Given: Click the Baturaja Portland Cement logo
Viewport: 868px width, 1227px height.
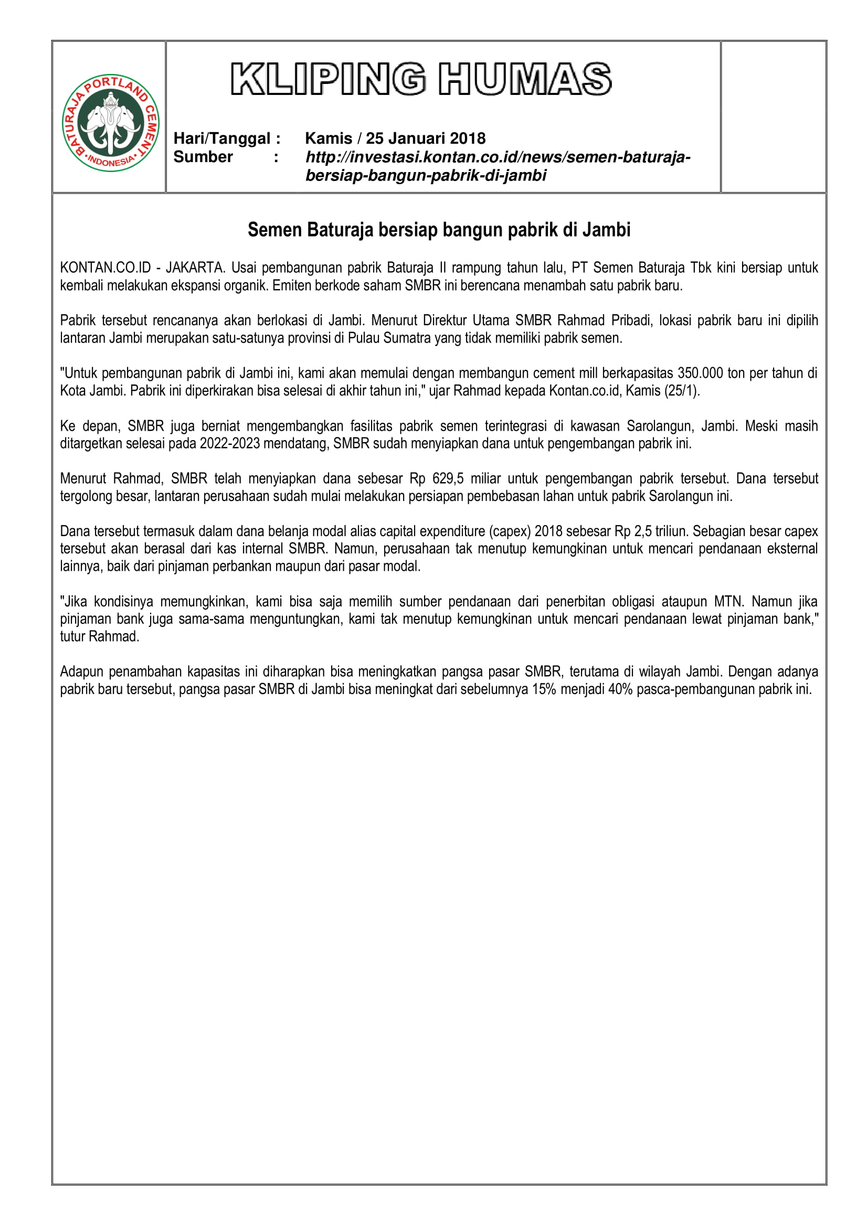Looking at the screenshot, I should point(111,122).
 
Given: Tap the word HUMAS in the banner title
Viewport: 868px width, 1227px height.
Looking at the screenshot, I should point(524,79).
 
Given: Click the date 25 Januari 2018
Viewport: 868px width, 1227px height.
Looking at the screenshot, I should point(426,138).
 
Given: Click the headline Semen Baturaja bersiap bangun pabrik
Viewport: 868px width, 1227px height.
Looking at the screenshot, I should point(439,230).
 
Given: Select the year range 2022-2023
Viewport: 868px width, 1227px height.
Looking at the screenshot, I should point(232,444).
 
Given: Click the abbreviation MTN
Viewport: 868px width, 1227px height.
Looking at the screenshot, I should point(728,602).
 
